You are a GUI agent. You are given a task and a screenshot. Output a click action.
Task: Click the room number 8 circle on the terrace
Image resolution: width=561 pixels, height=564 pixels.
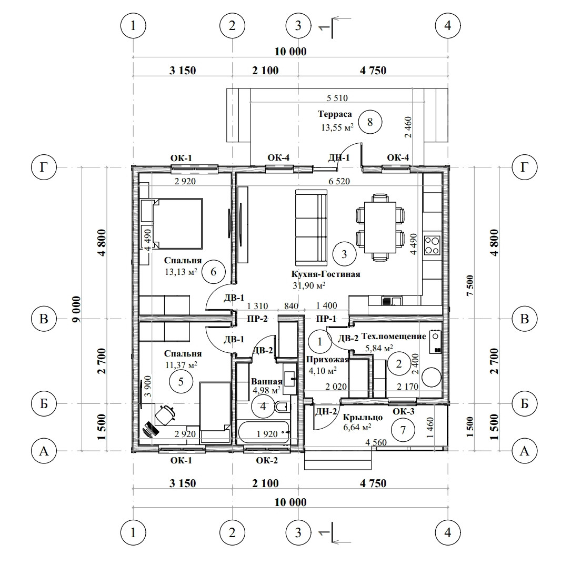tap(370, 122)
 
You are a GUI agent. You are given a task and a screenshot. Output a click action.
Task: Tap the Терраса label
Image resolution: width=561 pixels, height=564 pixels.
tap(335, 114)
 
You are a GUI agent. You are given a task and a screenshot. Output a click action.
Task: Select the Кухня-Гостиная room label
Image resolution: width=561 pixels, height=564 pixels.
tap(326, 274)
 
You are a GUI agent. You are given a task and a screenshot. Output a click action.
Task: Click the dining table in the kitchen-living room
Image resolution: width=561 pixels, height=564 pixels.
tap(380, 227)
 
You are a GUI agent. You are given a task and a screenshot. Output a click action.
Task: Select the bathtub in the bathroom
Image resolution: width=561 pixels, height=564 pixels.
tap(264, 432)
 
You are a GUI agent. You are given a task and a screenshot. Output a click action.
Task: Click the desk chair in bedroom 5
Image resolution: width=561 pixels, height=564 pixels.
tap(165, 415)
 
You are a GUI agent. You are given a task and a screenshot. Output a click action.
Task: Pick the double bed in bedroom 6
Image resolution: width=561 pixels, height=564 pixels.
tap(177, 223)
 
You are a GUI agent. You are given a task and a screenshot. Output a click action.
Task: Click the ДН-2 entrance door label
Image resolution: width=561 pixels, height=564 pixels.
tap(326, 411)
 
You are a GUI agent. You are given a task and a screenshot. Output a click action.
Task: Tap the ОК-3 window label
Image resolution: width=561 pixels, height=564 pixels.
tap(404, 411)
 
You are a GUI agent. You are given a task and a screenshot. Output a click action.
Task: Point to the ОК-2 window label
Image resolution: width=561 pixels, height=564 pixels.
tap(267, 460)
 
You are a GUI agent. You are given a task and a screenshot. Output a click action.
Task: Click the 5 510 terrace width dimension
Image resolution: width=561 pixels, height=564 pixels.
tap(337, 97)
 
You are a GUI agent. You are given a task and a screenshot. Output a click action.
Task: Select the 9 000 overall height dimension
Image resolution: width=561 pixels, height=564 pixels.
tap(76, 309)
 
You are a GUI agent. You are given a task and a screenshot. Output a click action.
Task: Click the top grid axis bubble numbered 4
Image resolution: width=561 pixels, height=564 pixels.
tap(448, 25)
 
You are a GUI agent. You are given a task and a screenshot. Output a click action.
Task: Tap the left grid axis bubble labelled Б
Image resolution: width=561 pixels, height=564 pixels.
tap(44, 403)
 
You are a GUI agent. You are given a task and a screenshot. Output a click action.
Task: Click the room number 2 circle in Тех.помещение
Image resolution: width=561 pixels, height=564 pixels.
tap(398, 364)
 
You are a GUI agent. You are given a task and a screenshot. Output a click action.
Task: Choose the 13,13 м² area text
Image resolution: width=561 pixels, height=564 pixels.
tap(181, 272)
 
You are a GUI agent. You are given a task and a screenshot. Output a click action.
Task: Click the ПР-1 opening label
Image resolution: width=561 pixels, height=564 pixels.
tap(326, 319)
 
